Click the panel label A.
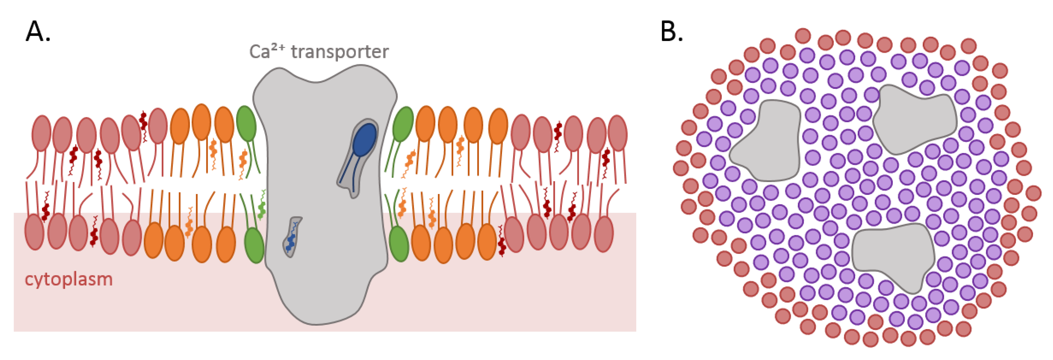point(38,32)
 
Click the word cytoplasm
point(69,280)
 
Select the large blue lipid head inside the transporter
point(364,139)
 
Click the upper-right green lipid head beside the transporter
point(403,124)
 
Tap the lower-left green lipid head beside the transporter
point(254,245)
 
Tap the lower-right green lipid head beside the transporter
point(398,244)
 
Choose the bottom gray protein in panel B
point(893,255)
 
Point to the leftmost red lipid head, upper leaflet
point(41,133)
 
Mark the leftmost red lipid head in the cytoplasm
point(34,232)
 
